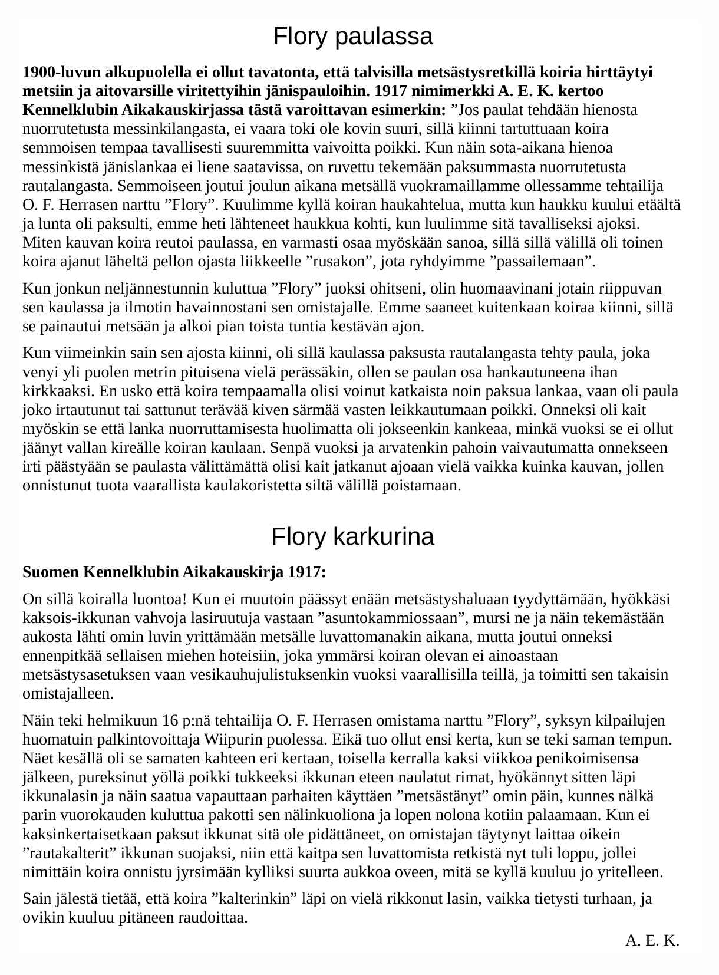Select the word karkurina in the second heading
click(384, 537)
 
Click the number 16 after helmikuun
click(170, 721)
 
